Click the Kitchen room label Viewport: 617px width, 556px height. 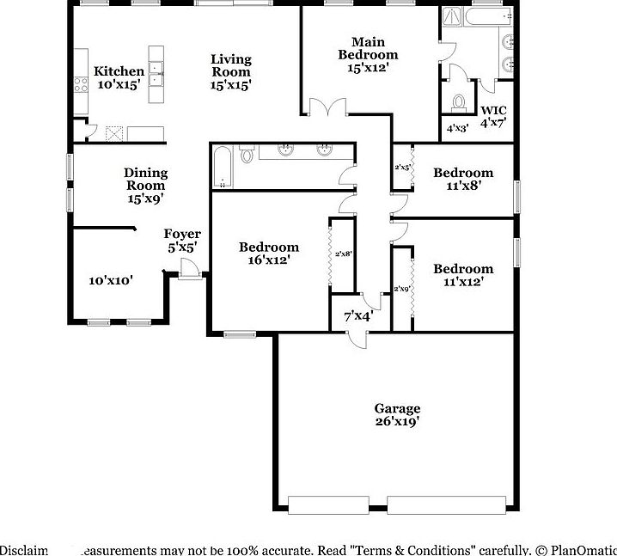point(119,71)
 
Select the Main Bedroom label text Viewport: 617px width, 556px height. point(368,48)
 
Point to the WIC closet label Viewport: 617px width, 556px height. point(492,110)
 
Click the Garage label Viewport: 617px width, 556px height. point(396,409)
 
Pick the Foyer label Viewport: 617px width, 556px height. point(182,234)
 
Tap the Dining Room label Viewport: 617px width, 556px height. point(145,179)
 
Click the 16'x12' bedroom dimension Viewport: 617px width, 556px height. point(269,260)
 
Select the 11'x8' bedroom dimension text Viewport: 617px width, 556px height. point(462,186)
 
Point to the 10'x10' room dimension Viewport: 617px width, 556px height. point(112,280)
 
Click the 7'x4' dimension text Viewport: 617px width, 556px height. point(357,315)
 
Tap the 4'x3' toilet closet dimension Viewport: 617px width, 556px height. point(457,128)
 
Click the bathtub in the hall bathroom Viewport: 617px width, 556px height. point(223,167)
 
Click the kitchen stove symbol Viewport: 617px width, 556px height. point(81,84)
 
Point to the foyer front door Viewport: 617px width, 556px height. point(191,270)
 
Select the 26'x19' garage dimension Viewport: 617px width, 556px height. point(396,422)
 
